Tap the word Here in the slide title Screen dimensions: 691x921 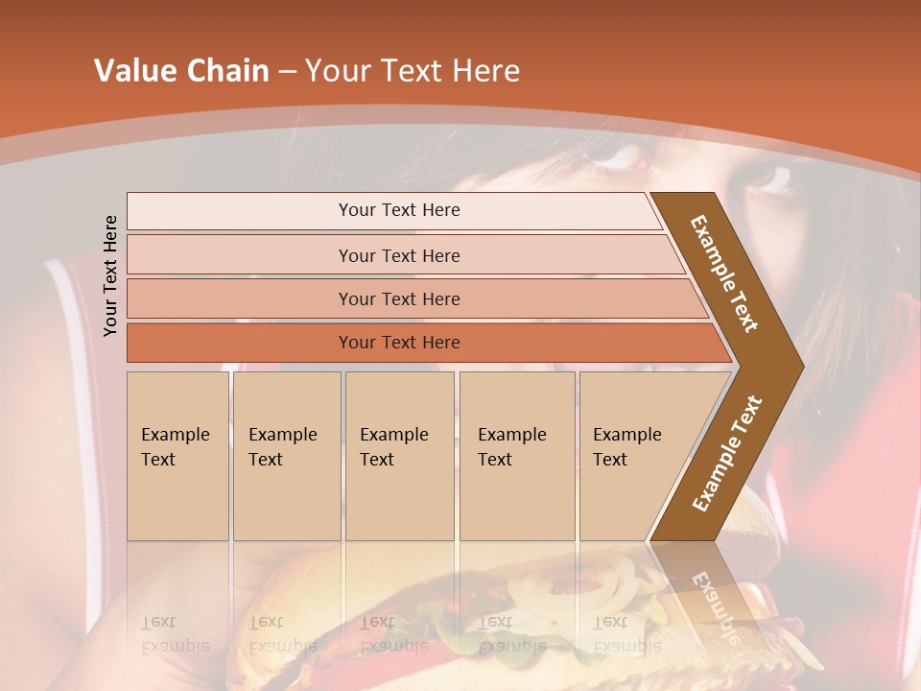click(484, 71)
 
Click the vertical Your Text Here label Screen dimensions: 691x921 click(110, 275)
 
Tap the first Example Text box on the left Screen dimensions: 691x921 click(177, 456)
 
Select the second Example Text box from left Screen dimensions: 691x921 click(287, 456)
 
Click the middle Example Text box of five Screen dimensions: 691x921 click(399, 456)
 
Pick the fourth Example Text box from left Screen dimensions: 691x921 click(517, 456)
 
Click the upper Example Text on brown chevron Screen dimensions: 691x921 click(725, 274)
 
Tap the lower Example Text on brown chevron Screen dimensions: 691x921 click(727, 454)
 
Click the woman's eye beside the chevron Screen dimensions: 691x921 click(767, 178)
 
